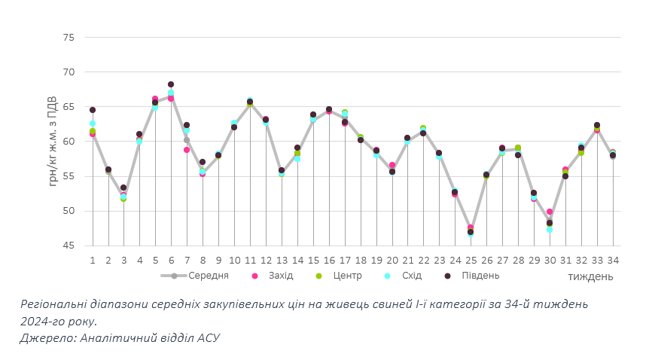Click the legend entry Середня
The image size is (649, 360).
tap(208, 276)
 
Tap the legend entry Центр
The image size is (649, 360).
tap(348, 276)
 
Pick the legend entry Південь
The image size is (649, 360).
tap(480, 276)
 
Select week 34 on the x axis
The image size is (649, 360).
tap(613, 260)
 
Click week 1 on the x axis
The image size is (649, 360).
tap(93, 260)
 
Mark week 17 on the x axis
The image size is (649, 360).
tap(345, 260)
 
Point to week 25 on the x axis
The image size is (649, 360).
tap(471, 260)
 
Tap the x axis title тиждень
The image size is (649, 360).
tap(590, 276)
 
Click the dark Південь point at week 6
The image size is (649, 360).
tap(171, 84)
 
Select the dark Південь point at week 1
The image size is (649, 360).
tap(93, 110)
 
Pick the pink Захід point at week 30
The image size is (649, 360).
tap(550, 212)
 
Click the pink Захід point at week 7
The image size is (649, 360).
tap(187, 150)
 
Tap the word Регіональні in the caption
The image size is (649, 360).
tap(56, 304)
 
